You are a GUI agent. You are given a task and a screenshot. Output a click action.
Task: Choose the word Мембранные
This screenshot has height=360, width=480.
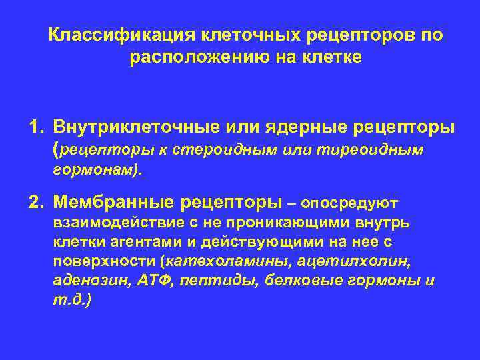pyautogui.click(x=115, y=201)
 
